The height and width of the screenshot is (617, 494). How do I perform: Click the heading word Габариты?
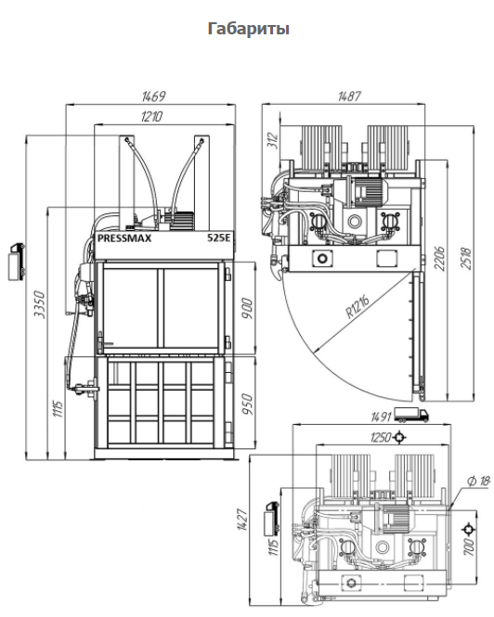click(x=249, y=29)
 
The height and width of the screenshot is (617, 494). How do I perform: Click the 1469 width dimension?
click(x=153, y=96)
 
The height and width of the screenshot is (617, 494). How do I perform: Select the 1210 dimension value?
click(x=151, y=117)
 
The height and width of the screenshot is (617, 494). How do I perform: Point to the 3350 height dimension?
click(x=40, y=304)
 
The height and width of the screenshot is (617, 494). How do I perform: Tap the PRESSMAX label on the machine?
click(x=124, y=238)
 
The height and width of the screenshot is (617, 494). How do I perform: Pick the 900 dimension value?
click(x=247, y=308)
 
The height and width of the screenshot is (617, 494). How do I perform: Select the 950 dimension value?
click(x=247, y=405)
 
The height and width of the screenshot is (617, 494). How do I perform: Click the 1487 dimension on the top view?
click(x=349, y=96)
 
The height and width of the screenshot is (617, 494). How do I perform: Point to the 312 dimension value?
click(x=273, y=140)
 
